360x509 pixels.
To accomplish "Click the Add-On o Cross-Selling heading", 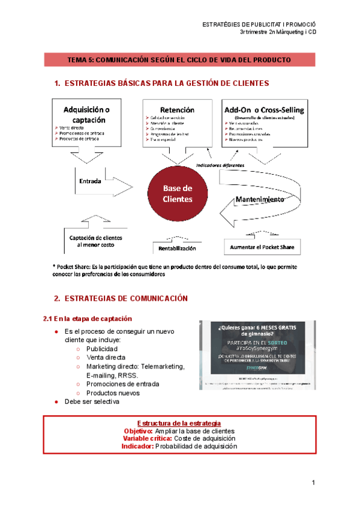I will pyautogui.click(x=264, y=110).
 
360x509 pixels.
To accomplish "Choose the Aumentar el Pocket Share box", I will pyautogui.click(x=263, y=247).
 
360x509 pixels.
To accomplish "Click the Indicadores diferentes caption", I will pyautogui.click(x=220, y=164).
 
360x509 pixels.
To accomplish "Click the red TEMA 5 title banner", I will pyautogui.click(x=180, y=60).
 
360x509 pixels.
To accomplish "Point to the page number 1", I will pyautogui.click(x=313, y=483).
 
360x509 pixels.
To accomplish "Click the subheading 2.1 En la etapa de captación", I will pyautogui.click(x=88, y=318).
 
